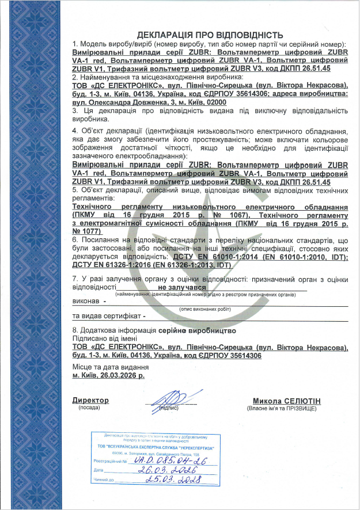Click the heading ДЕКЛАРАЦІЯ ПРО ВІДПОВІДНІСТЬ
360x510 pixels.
coord(209,35)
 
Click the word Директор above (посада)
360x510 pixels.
coord(90,400)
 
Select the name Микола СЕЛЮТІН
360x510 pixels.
coord(287,401)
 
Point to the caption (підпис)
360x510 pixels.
coord(168,408)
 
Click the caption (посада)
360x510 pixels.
coord(89,407)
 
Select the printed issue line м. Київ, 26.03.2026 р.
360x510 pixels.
coord(108,374)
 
